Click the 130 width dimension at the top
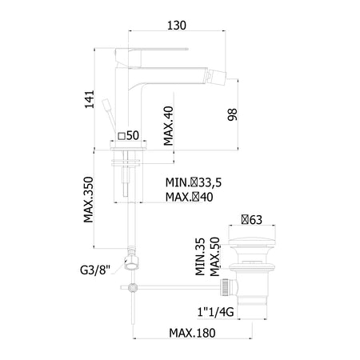[177, 26]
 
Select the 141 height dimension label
[90, 99]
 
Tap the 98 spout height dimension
[232, 114]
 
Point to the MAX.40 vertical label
[169, 126]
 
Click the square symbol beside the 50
[122, 136]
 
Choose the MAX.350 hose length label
[89, 199]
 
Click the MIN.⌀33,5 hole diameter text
[194, 182]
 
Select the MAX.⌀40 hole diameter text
[190, 197]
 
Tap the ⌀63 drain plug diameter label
[252, 220]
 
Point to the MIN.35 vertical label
[200, 257]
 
